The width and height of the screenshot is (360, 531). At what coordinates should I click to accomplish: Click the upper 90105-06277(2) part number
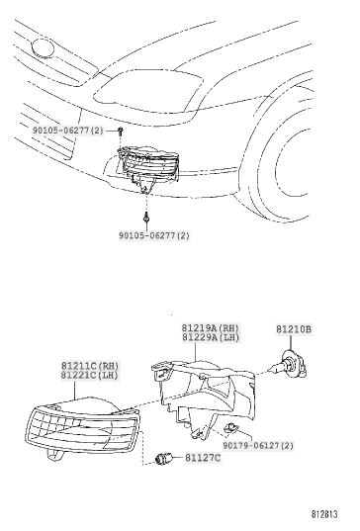(x=67, y=131)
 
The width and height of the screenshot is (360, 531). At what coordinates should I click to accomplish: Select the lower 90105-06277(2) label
(x=153, y=235)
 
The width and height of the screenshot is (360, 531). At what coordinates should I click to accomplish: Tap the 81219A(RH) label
(x=211, y=328)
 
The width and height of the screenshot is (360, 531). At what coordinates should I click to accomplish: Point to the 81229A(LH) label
(x=211, y=337)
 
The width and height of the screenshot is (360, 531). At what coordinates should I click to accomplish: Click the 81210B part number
(x=294, y=329)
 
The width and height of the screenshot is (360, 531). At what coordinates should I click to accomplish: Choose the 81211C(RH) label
(x=90, y=366)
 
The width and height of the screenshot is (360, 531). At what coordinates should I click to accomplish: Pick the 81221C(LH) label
(x=90, y=375)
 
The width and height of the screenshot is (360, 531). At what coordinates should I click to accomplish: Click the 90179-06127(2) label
(x=258, y=446)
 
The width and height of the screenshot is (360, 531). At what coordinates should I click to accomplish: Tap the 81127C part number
(x=203, y=458)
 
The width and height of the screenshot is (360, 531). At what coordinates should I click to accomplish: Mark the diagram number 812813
(x=324, y=514)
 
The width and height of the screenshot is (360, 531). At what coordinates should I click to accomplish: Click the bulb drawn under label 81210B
(x=289, y=367)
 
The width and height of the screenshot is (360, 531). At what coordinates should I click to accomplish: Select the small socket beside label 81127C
(x=163, y=459)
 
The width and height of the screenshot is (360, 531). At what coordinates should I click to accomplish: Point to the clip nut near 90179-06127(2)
(x=232, y=428)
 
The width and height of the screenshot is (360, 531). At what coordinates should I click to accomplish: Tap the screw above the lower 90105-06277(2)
(x=146, y=218)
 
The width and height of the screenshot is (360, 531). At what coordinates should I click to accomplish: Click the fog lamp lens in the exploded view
(x=83, y=428)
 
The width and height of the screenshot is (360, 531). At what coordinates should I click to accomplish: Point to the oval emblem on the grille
(x=43, y=48)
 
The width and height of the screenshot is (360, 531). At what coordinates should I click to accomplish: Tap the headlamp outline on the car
(x=149, y=91)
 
